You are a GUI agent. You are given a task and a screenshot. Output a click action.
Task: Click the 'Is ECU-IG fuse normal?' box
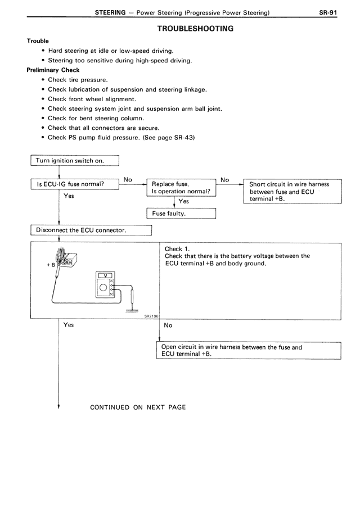click(74, 184)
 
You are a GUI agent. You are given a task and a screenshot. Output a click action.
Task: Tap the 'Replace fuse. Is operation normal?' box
click(181, 188)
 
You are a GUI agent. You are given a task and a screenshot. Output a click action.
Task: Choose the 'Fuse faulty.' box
click(181, 214)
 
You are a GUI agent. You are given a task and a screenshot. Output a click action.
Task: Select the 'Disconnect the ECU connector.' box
click(91, 230)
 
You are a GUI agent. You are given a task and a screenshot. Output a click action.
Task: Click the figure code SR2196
click(150, 316)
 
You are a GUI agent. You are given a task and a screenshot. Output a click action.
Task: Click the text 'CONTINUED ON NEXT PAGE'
click(138, 407)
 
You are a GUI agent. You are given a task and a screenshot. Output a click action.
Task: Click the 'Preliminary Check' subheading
click(53, 70)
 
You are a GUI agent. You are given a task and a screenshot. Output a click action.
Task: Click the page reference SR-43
click(180, 138)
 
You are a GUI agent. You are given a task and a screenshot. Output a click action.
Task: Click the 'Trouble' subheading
click(38, 41)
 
